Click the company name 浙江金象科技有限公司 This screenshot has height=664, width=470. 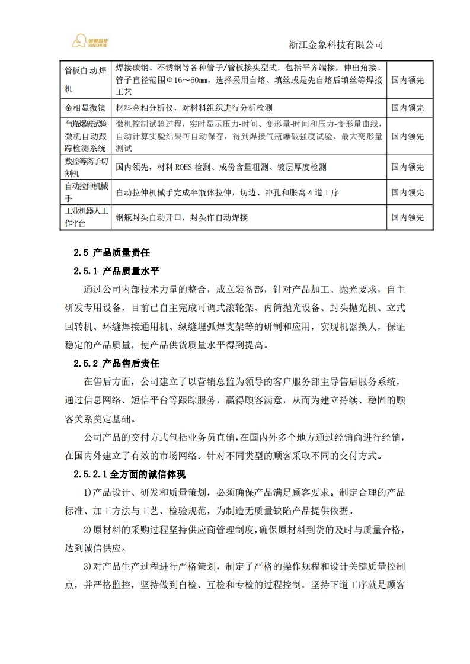pyautogui.click(x=335, y=45)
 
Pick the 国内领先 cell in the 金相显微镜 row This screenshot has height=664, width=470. pyautogui.click(x=408, y=108)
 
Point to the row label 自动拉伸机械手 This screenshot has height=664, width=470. pyautogui.click(x=87, y=193)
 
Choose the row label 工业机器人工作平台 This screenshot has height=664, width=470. pyautogui.click(x=87, y=217)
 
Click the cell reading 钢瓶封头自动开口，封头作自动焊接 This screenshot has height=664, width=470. pyautogui.click(x=181, y=217)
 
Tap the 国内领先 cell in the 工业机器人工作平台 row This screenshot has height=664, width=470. pyautogui.click(x=408, y=217)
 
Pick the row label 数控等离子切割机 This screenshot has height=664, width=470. pyautogui.click(x=87, y=167)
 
